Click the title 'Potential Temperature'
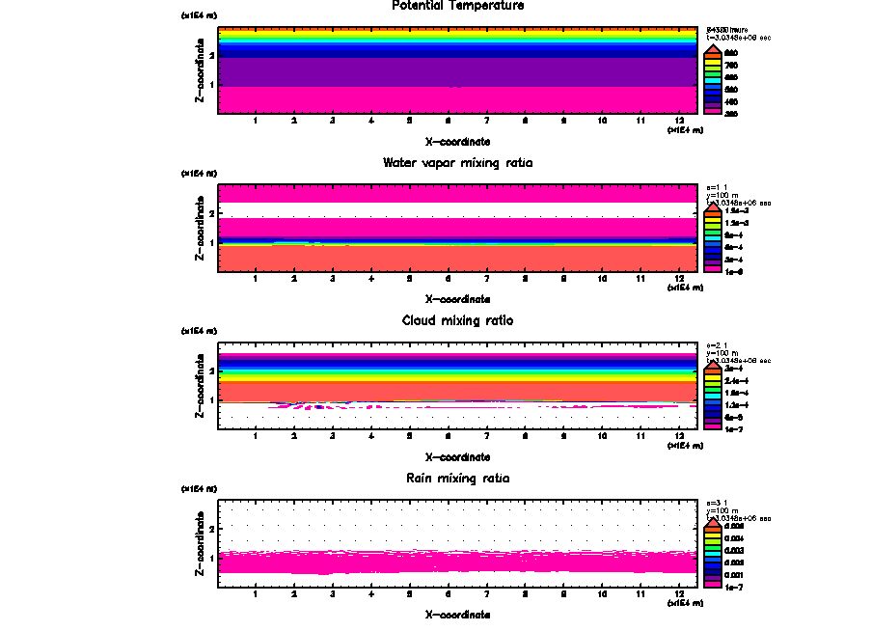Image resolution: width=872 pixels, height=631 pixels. [x=458, y=6]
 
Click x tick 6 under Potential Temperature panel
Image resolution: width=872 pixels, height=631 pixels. [x=448, y=121]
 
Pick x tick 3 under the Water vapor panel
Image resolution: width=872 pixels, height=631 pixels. [x=332, y=279]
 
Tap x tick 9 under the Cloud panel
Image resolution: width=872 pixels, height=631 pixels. [x=563, y=436]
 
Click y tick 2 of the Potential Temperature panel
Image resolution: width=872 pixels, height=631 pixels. [x=211, y=56]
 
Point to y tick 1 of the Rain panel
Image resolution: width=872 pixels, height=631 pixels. [x=211, y=559]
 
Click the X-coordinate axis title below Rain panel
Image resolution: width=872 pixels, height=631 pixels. [x=458, y=614]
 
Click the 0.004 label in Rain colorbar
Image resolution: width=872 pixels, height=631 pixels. [x=735, y=537]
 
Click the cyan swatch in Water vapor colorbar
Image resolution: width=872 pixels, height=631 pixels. [x=712, y=234]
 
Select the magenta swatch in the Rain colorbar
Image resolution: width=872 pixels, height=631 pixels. [x=712, y=585]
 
